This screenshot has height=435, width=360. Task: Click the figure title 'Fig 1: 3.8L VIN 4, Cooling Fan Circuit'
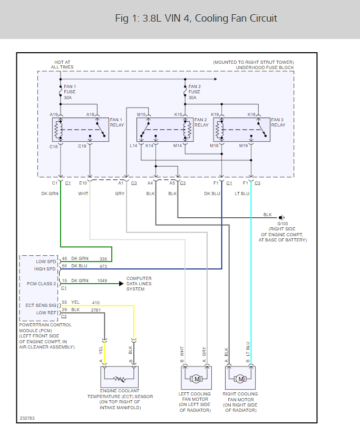point(196,18)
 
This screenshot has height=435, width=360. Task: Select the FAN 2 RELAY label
point(201,122)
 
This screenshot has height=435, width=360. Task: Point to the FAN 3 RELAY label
point(278,122)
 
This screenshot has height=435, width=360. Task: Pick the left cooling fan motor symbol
point(196,379)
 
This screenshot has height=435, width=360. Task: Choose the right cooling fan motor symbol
point(240,379)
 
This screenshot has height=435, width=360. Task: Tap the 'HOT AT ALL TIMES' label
point(62,65)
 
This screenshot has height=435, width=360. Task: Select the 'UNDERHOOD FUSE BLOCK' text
point(265,67)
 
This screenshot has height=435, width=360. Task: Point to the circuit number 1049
point(102,281)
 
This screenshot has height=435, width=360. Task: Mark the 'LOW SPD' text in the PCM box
point(46,262)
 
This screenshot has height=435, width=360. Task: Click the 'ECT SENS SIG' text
point(41,305)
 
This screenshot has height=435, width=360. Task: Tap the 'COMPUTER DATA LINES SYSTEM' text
point(139,284)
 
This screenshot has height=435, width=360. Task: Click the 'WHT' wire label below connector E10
point(83,194)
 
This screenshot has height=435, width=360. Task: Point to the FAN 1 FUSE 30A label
point(70,92)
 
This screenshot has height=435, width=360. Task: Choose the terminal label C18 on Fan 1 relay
point(54,146)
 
